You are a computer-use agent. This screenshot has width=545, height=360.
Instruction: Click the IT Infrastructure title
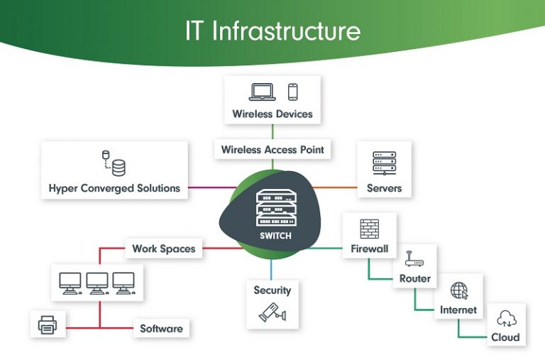click(x=272, y=31)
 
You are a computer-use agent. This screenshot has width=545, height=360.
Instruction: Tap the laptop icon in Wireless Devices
click(x=262, y=92)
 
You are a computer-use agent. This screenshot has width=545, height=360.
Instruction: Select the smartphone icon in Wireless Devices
click(x=292, y=92)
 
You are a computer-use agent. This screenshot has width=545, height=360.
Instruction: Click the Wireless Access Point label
click(x=272, y=150)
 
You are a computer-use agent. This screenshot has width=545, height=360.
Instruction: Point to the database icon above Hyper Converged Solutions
click(x=114, y=163)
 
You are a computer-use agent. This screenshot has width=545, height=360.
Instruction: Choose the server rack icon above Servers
click(x=384, y=163)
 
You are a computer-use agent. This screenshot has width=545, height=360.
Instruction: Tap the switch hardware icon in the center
click(x=274, y=207)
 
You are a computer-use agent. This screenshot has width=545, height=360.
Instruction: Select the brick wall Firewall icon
click(x=369, y=229)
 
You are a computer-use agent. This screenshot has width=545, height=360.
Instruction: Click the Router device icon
click(x=414, y=259)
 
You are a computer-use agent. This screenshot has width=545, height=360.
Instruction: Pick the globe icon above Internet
click(x=459, y=290)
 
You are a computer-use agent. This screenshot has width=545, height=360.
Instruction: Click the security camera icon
click(x=272, y=311)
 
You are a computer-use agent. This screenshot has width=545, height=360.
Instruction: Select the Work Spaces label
click(x=164, y=249)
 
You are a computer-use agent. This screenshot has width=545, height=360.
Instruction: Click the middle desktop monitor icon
click(x=97, y=283)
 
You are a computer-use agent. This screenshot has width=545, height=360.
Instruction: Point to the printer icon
click(x=48, y=325)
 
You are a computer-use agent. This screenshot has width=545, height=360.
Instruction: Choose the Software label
click(x=161, y=329)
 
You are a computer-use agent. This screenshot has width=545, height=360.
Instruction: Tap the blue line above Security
click(x=272, y=268)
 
